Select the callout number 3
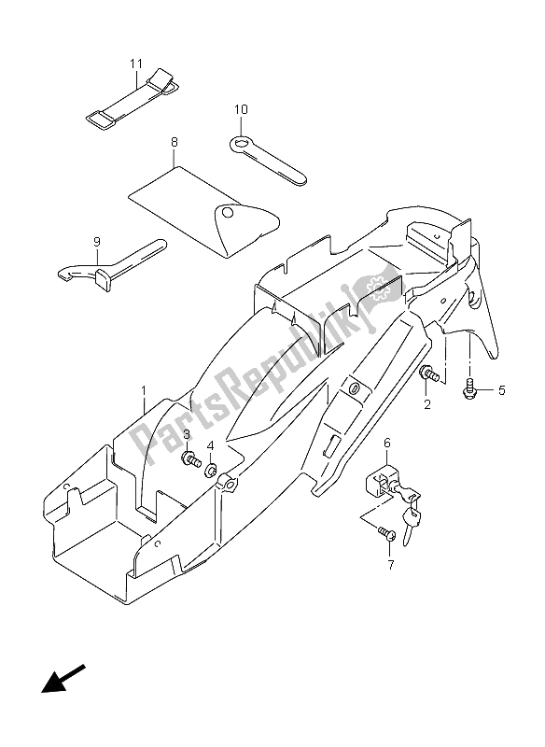(x=187, y=435)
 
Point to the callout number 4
(x=211, y=444)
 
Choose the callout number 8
(x=173, y=145)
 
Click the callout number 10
(x=241, y=110)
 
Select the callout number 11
(x=135, y=63)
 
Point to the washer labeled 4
(x=211, y=469)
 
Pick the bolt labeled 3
(x=191, y=459)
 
